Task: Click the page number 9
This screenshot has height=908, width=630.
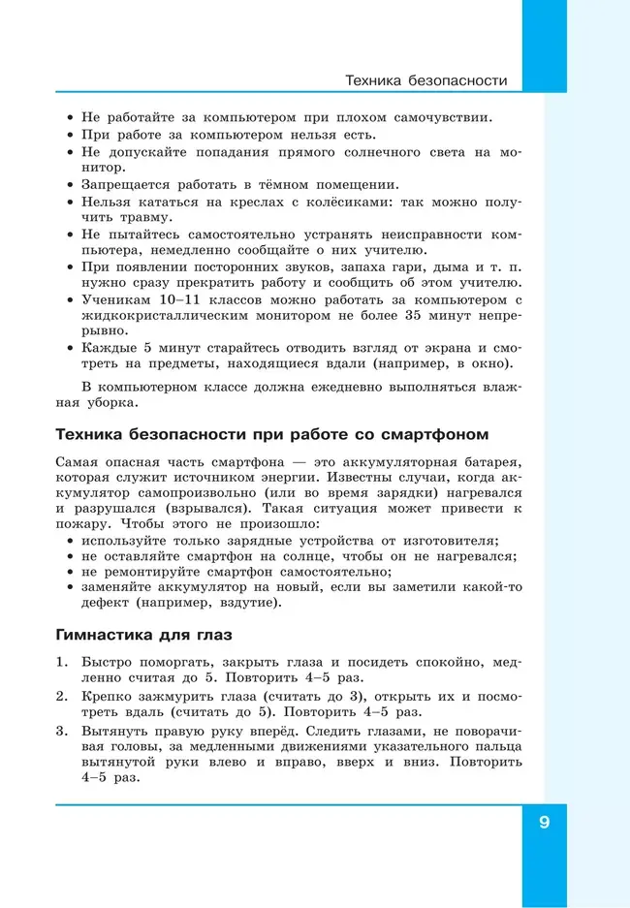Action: click(544, 823)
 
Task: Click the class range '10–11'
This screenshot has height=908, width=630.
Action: click(176, 298)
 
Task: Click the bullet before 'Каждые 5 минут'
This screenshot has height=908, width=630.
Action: click(71, 348)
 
